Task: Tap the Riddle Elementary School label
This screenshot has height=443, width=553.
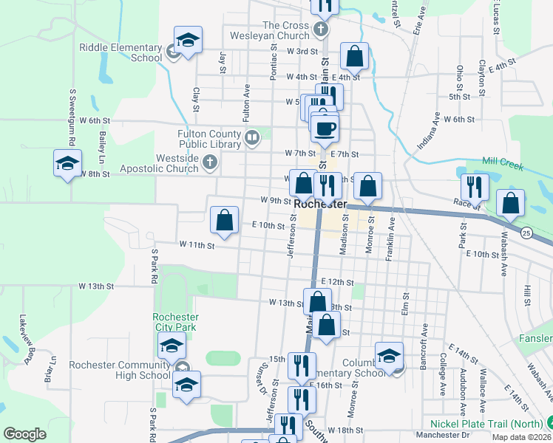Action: tap(121, 52)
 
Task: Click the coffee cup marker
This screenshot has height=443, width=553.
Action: tap(325, 129)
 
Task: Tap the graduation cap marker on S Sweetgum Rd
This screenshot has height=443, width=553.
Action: tap(67, 163)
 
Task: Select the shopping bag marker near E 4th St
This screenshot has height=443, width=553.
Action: tap(355, 56)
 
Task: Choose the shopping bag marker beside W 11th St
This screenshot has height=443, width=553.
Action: tap(224, 219)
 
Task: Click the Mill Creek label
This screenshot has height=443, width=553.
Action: tap(502, 162)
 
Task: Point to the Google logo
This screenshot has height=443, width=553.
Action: tap(24, 434)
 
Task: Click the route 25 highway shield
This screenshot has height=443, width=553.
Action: tap(526, 233)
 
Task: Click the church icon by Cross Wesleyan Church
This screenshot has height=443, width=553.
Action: tap(319, 30)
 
